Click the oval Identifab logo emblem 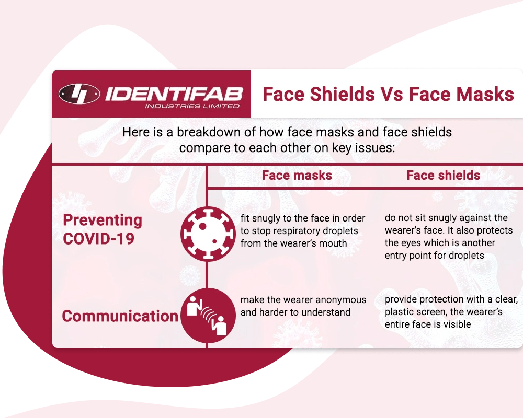(79, 94)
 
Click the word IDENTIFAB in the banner (174, 94)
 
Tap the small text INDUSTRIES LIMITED (192, 106)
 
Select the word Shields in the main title (343, 94)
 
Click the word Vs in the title (392, 94)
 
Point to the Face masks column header (297, 176)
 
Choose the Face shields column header (444, 176)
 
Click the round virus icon (208, 234)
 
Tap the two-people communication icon (208, 316)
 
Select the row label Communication (120, 316)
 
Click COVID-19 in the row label (99, 239)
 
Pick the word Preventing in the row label (103, 220)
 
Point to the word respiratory (298, 231)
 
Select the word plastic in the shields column (399, 312)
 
